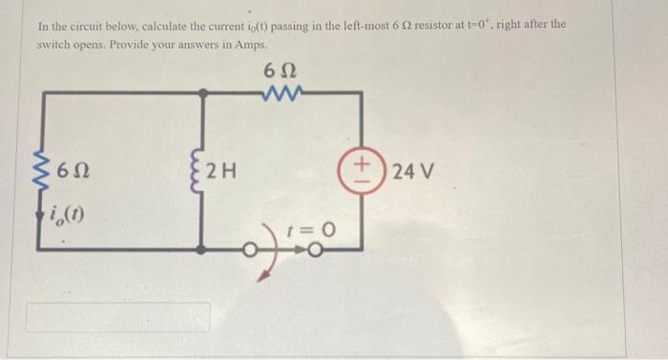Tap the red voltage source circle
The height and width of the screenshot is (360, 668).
[361, 172]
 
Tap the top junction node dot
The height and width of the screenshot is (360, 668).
[203, 93]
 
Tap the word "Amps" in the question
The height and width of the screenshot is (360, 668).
[243, 45]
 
